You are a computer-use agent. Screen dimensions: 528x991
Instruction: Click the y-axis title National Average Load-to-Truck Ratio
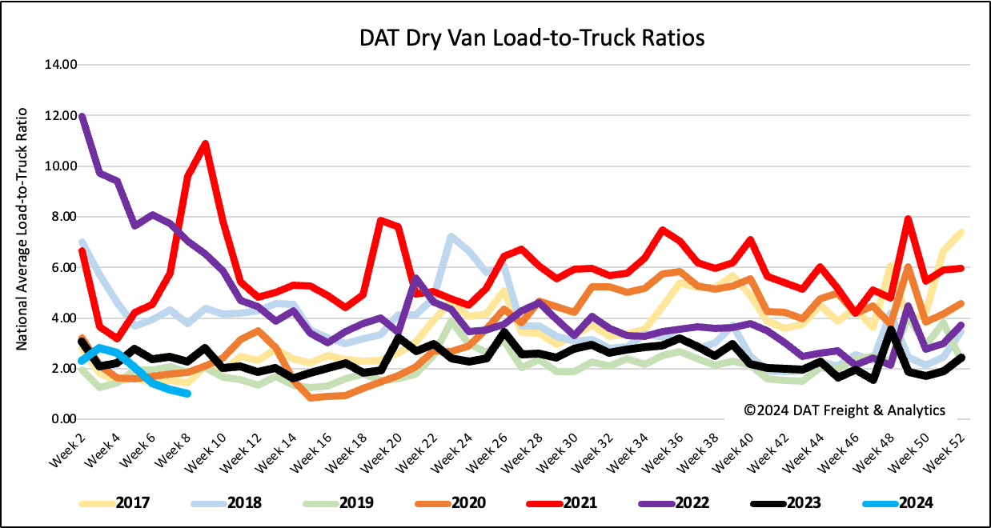click(x=23, y=240)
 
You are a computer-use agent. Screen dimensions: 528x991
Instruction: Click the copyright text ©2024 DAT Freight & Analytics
click(x=845, y=410)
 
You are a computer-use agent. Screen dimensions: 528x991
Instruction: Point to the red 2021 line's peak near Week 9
click(x=206, y=144)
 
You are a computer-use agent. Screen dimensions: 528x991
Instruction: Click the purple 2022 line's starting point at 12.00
click(x=82, y=117)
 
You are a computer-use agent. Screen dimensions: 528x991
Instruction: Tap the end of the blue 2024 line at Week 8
click(x=187, y=393)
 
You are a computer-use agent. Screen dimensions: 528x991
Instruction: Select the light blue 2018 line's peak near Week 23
click(x=451, y=237)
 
